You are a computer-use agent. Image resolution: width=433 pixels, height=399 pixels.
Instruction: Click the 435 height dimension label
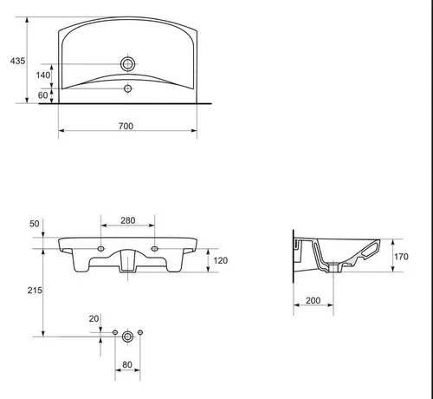17,61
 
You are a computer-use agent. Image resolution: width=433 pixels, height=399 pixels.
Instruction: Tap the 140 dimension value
43,75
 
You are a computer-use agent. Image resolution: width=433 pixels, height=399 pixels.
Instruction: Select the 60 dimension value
42,95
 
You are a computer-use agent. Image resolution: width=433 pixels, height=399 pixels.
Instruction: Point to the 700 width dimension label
126,126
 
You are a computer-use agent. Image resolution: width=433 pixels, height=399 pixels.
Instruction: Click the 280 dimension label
128,220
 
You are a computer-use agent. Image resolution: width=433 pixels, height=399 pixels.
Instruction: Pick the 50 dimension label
35,224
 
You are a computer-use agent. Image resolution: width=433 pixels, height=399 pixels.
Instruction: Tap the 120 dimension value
221,260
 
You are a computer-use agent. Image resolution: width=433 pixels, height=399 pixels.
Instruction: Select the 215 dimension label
35,290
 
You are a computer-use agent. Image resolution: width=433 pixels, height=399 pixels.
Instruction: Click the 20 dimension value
94,318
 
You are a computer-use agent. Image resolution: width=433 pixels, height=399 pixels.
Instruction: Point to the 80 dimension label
127,364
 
